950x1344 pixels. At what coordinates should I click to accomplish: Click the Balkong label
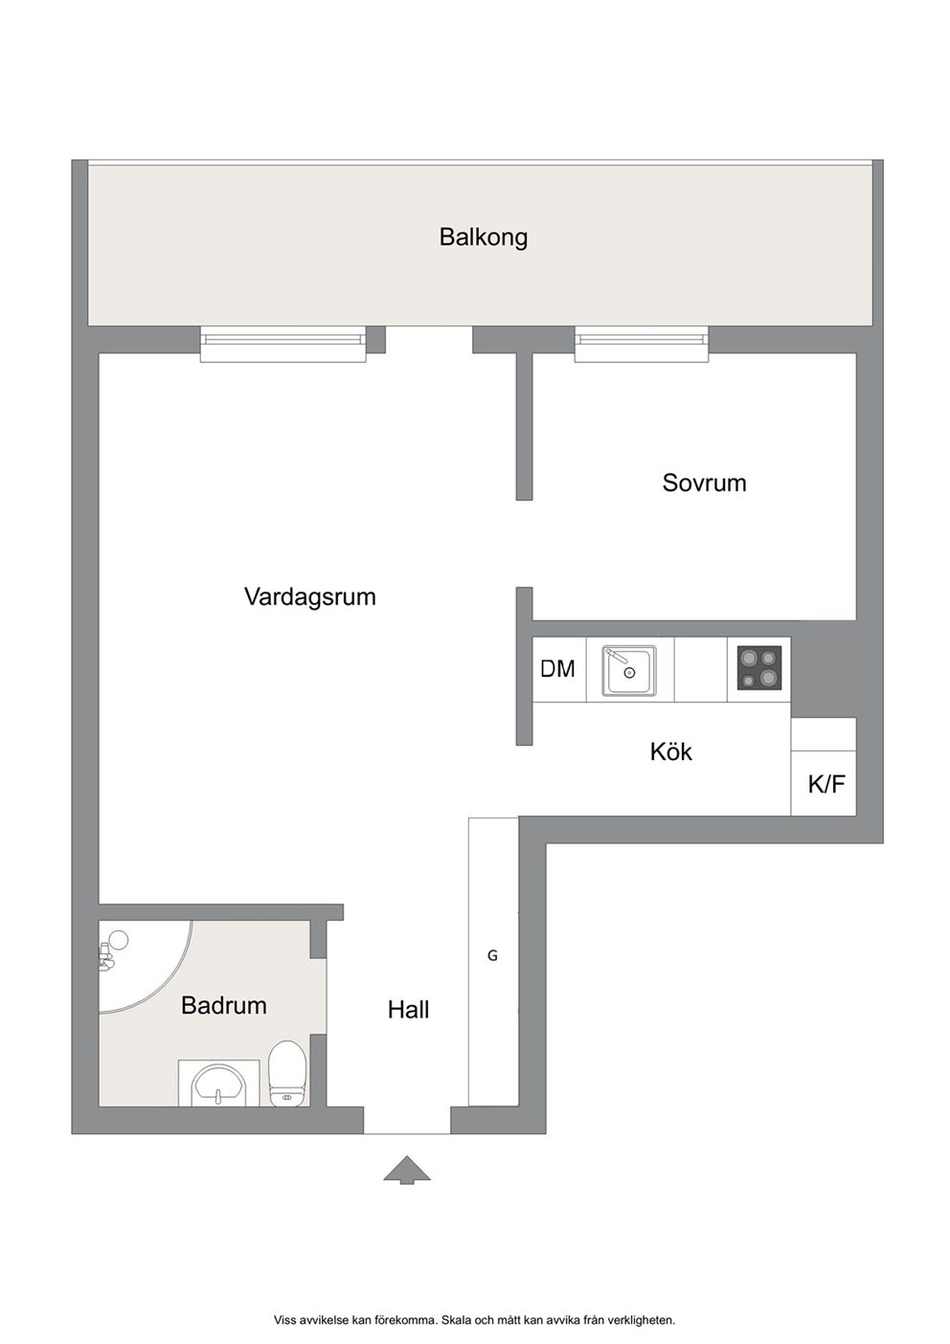tap(483, 237)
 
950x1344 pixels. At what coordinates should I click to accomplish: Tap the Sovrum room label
tap(704, 483)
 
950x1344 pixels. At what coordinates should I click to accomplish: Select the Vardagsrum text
tap(309, 597)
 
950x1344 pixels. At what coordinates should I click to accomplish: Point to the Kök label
tap(671, 751)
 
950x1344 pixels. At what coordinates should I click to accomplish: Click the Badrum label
tap(224, 1006)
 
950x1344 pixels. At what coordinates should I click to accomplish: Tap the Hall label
tap(408, 1011)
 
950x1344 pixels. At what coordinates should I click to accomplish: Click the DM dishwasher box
tap(558, 669)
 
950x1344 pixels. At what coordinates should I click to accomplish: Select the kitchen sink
tap(629, 671)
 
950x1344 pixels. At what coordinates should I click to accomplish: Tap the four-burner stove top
tap(759, 667)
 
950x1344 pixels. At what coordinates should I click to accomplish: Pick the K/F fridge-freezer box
tap(824, 783)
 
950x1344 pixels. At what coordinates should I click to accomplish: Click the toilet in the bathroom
tap(287, 1075)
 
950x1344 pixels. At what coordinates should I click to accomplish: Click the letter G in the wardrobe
tap(492, 955)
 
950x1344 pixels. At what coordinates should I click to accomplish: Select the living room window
tap(283, 345)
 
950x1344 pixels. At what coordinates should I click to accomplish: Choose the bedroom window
tap(641, 345)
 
